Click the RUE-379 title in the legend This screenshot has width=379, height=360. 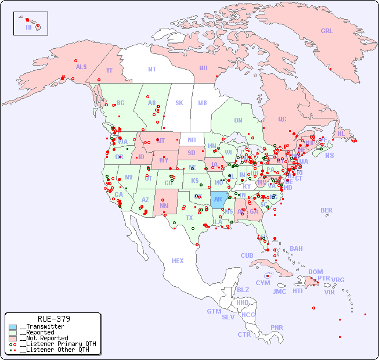[x=53, y=319]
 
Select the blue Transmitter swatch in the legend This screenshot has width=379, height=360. [x=13, y=327]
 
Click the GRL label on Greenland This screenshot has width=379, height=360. [x=327, y=31]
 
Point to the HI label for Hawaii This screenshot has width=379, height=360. [x=28, y=27]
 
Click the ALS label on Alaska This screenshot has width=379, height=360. [x=81, y=67]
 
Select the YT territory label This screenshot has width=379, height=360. [x=109, y=70]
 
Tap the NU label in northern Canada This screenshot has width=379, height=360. [x=203, y=68]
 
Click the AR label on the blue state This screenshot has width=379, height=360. [x=218, y=199]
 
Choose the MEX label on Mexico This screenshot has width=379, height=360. [x=178, y=261]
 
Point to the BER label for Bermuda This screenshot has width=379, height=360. [x=326, y=210]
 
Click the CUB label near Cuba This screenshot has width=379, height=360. [x=247, y=255]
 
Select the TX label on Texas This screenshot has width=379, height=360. [x=189, y=218]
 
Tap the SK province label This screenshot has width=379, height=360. [x=179, y=103]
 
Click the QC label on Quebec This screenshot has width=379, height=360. [x=282, y=119]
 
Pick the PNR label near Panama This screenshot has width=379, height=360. [x=277, y=327]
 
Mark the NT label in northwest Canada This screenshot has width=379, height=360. [x=151, y=69]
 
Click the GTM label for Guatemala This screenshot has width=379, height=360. [x=214, y=311]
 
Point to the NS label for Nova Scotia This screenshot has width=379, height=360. [x=329, y=155]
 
